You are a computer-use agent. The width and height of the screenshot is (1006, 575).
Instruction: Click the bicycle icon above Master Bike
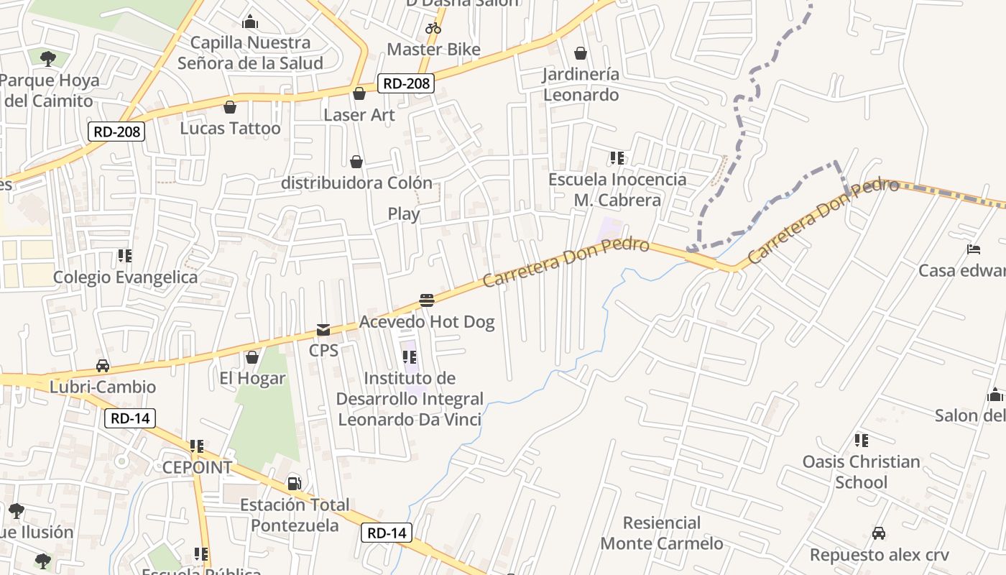[433, 28]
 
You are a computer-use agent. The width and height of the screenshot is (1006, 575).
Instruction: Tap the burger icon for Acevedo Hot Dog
[427, 300]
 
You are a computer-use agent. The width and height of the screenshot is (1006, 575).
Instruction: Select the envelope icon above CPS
[323, 330]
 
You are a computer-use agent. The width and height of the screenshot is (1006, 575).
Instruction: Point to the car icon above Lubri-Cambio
[103, 365]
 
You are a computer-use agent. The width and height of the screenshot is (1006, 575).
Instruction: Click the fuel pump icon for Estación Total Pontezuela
[294, 483]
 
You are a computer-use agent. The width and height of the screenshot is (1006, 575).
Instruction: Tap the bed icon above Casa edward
[974, 249]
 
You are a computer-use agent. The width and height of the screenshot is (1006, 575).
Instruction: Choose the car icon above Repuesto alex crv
[879, 533]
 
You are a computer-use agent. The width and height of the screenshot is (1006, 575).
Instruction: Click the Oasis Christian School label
[861, 471]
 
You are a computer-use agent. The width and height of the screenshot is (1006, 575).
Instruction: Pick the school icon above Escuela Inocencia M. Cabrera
[617, 157]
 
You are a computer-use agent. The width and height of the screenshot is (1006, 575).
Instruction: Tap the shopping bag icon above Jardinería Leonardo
[581, 53]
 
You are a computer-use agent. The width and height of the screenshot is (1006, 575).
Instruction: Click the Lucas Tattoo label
[230, 129]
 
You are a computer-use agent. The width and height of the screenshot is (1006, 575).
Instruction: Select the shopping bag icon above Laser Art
[359, 93]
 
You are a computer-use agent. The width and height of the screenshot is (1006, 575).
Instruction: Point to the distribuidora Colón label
[356, 183]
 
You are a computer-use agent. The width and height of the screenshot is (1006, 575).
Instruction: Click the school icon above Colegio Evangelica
[125, 256]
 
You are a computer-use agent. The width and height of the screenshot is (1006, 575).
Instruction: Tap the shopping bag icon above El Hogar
[252, 357]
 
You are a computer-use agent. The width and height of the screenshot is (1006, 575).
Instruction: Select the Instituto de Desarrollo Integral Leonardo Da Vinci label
[410, 399]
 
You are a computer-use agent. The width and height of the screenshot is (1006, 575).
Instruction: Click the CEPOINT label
[197, 467]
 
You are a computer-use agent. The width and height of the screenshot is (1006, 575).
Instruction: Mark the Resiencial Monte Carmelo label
[661, 533]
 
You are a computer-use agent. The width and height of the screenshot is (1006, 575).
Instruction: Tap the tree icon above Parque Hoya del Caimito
[48, 58]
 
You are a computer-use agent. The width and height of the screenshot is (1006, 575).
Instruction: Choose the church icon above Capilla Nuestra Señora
[250, 22]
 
